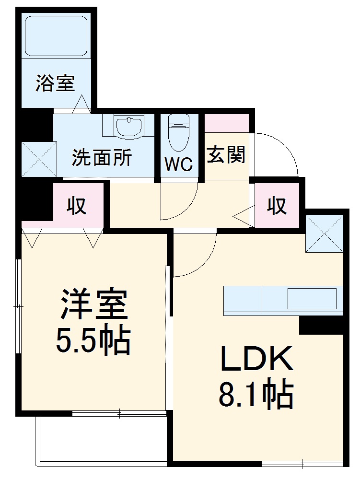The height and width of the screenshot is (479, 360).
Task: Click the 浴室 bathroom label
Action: coord(55,84)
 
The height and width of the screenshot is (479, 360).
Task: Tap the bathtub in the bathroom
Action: coord(56,36)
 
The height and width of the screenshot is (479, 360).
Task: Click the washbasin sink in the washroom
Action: coord(129,127)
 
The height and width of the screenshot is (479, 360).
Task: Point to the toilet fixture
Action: coord(179,132)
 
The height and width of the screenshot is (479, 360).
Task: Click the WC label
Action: coord(179,164)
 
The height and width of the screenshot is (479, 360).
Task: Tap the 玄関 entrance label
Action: coord(226,155)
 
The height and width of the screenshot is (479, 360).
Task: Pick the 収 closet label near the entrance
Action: coord(277,206)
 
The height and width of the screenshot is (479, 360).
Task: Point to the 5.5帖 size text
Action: coord(93,340)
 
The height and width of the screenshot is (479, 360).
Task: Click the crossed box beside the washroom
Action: coord(38,159)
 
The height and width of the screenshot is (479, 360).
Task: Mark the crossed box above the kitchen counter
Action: coord(325,234)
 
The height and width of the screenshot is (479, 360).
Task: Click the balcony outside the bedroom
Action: coord(101,439)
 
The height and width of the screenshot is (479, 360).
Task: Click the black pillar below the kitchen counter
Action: coord(321,326)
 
